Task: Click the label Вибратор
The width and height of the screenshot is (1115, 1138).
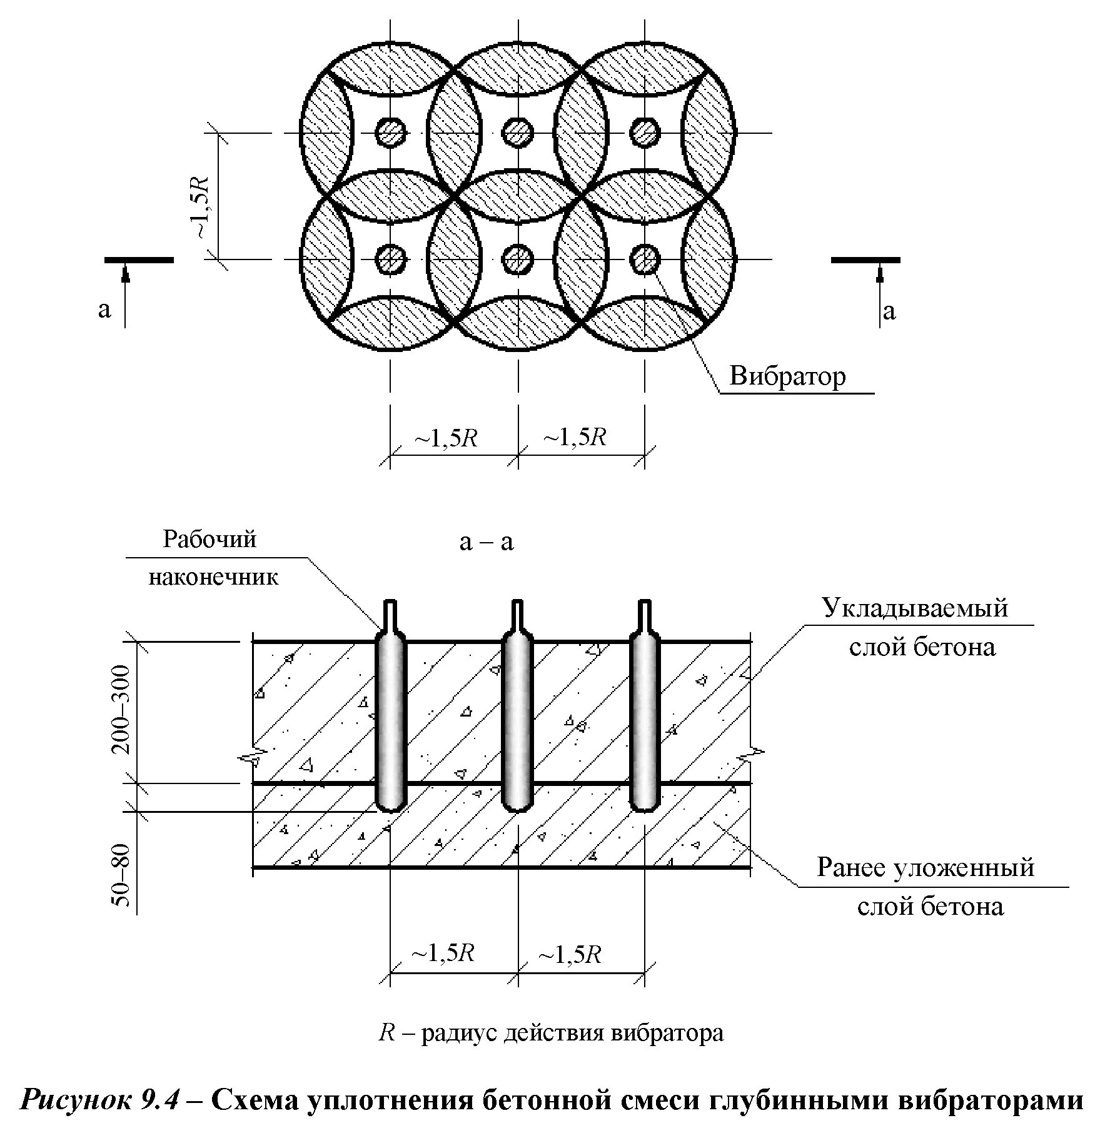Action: point(787,377)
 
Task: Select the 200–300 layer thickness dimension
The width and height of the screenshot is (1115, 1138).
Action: point(123,709)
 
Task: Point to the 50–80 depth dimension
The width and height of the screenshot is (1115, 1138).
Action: point(123,875)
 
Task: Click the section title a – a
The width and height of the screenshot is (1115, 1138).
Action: point(486,541)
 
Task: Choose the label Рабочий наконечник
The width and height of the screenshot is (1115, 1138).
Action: point(212,557)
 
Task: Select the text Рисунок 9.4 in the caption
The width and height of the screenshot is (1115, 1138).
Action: point(101,1099)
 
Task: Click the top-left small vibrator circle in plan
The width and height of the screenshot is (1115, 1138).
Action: point(391,133)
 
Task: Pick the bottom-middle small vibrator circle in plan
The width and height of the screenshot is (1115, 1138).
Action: point(518,259)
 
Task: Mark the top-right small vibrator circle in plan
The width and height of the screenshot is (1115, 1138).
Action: point(645,133)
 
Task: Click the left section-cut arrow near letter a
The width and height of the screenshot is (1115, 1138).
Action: point(126,294)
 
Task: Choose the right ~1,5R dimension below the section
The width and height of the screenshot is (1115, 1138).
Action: point(570,955)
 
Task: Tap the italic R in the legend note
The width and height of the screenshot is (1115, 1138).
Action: point(386,1032)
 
